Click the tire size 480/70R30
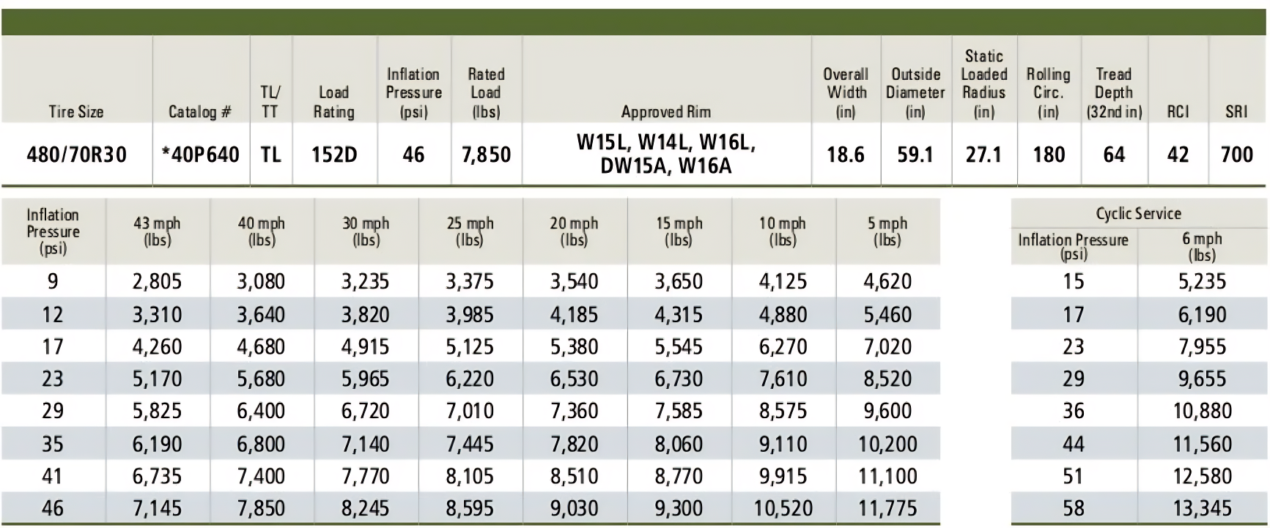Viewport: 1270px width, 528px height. [x=76, y=155]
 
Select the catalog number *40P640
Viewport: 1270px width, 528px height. [x=201, y=155]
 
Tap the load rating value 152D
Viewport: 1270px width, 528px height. [x=334, y=155]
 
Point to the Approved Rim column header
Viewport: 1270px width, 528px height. [x=665, y=112]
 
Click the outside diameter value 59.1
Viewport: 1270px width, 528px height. [x=915, y=155]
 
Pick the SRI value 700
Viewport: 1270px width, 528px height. [x=1236, y=155]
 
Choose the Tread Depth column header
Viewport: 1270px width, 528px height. [x=1113, y=93]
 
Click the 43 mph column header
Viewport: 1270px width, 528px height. [x=157, y=231]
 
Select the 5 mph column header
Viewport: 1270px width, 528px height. [x=887, y=231]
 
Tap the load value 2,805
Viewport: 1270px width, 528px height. [x=157, y=281]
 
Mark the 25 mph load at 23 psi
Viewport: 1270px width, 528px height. [x=470, y=379]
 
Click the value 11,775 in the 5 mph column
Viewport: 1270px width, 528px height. [x=887, y=508]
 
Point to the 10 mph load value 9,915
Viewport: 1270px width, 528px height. [x=783, y=476]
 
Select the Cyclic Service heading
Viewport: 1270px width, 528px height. [x=1138, y=214]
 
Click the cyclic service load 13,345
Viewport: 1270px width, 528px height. [x=1202, y=508]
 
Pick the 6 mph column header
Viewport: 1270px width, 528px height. [x=1202, y=246]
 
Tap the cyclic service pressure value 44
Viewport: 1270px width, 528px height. [x=1073, y=444]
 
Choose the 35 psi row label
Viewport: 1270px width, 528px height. [x=53, y=444]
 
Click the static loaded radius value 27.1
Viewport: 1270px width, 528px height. [x=983, y=155]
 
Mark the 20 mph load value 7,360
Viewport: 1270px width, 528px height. [x=574, y=411]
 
